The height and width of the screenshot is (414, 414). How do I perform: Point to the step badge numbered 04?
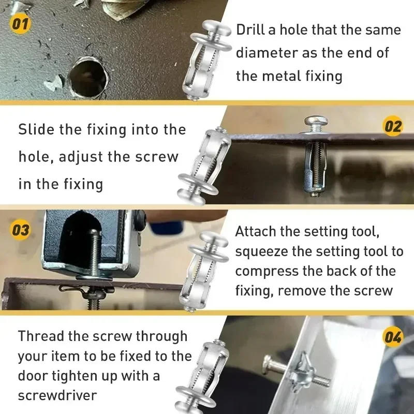point(393,338)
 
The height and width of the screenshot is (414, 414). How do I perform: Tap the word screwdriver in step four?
point(57,395)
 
